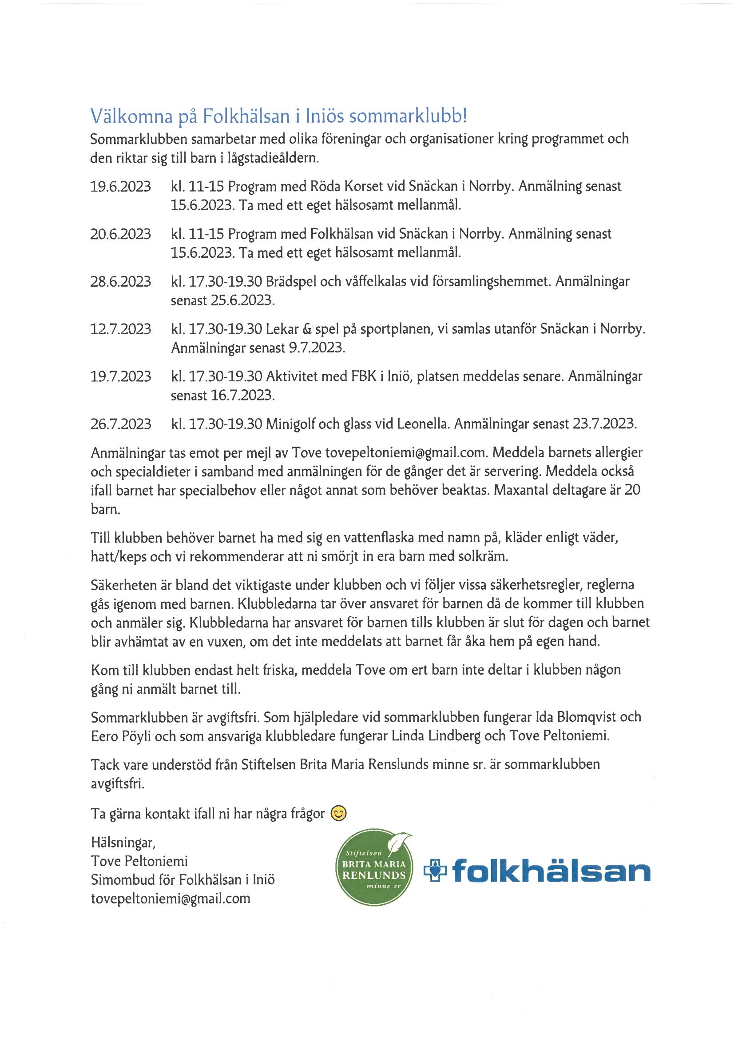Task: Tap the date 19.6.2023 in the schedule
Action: [x=120, y=187]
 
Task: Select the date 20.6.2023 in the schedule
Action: [x=120, y=234]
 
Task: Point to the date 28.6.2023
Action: [x=120, y=281]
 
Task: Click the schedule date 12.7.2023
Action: [x=120, y=329]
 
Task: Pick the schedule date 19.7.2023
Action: [x=120, y=376]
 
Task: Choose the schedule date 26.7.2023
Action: [x=120, y=424]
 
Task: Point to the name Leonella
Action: [x=423, y=424]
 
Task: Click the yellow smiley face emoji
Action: [x=339, y=813]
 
